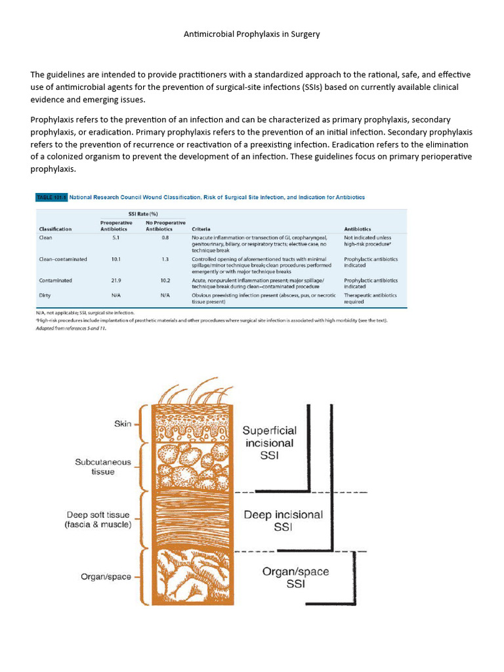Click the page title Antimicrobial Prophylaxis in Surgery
251,33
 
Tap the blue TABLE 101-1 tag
51,197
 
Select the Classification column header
55,229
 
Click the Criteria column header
201,229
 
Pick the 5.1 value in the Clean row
115,238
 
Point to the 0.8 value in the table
165,238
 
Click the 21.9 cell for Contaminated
115,280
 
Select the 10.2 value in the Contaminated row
165,280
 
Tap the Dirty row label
45,296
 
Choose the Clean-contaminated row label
63,259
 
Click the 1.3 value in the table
165,259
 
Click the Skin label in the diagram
123,424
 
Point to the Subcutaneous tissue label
103,467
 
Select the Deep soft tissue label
98,520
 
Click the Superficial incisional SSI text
269,442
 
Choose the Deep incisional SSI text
283,520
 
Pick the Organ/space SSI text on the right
295,577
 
